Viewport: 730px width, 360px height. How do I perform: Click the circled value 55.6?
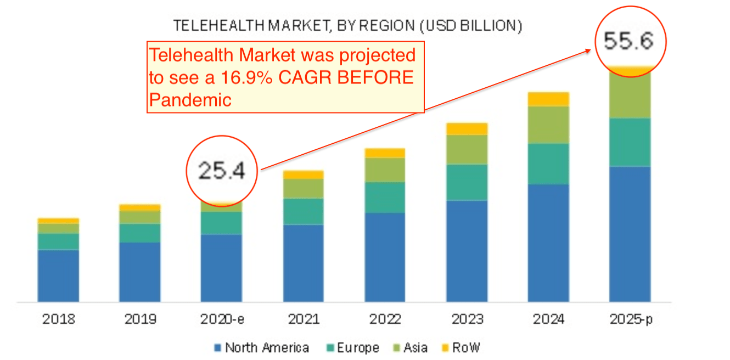pyautogui.click(x=630, y=41)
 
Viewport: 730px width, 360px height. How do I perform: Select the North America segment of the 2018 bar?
pyautogui.click(x=58, y=275)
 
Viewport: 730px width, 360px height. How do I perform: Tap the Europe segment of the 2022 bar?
pyautogui.click(x=385, y=198)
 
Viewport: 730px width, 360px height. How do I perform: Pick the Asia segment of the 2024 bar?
pyautogui.click(x=548, y=125)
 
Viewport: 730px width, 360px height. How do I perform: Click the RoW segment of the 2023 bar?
pyautogui.click(x=467, y=129)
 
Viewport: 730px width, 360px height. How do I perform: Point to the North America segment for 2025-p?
pyautogui.click(x=630, y=234)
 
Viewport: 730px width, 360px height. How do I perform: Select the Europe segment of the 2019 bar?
pyautogui.click(x=140, y=233)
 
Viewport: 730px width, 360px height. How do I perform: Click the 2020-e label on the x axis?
pyautogui.click(x=221, y=319)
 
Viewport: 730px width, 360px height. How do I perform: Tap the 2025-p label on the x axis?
pyautogui.click(x=630, y=319)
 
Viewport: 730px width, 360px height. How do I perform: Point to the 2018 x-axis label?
pyautogui.click(x=58, y=319)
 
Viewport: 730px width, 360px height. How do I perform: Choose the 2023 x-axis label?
pyautogui.click(x=467, y=319)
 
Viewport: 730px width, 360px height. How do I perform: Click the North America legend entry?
pyautogui.click(x=261, y=347)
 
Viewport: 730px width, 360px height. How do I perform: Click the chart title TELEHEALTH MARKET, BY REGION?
pyautogui.click(x=347, y=26)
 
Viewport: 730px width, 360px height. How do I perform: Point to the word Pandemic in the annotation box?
pyautogui.click(x=190, y=100)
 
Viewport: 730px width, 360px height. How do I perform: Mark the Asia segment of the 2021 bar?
pyautogui.click(x=304, y=188)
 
